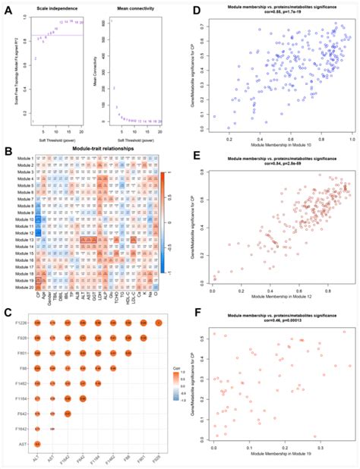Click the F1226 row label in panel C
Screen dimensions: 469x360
pyautogui.click(x=21, y=323)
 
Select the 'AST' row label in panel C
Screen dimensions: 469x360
pyautogui.click(x=24, y=442)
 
